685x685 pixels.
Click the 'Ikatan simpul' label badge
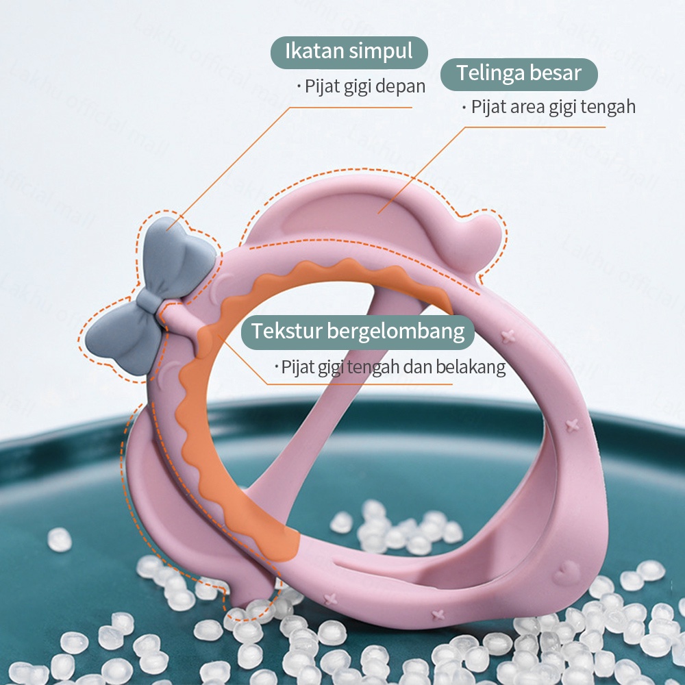coord(349,52)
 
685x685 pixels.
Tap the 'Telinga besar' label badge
coord(519,73)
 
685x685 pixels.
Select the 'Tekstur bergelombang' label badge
coord(358,332)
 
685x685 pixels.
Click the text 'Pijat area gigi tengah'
coord(552,107)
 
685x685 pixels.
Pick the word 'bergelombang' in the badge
coord(396,332)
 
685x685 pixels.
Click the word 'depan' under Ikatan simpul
coord(406,87)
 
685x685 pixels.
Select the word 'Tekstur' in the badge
coord(285,332)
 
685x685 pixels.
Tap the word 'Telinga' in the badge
coord(487,73)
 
